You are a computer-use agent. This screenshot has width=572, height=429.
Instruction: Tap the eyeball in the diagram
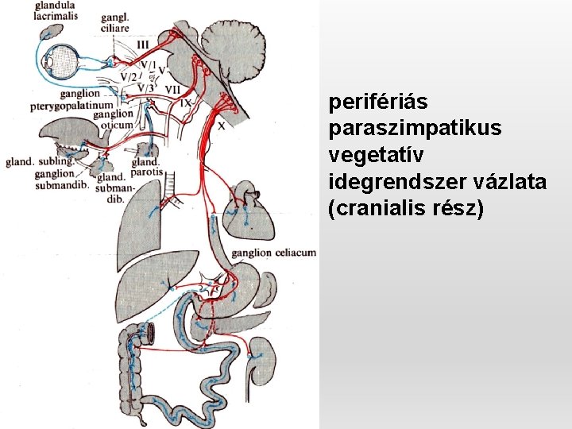pyautogui.click(x=58, y=60)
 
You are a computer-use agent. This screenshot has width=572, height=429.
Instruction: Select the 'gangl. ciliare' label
pyautogui.click(x=115, y=23)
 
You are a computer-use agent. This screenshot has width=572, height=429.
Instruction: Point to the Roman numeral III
pyautogui.click(x=142, y=44)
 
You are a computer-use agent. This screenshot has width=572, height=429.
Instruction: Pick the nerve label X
pyautogui.click(x=221, y=125)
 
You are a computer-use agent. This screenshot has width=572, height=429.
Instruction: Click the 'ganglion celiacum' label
pyautogui.click(x=274, y=253)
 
